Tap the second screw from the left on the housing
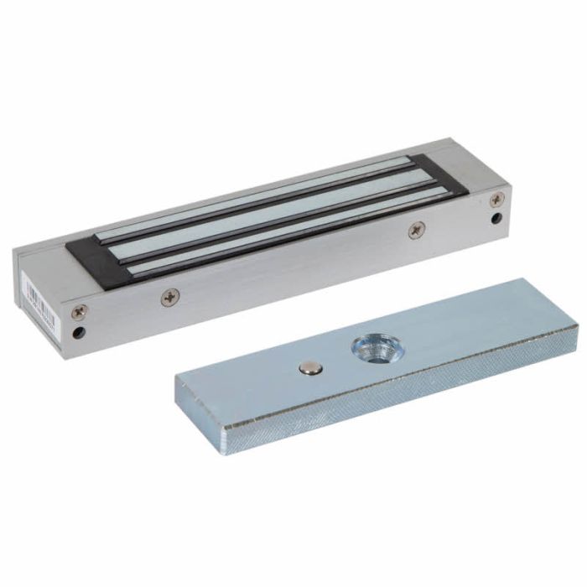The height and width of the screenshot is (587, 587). tap(170, 295)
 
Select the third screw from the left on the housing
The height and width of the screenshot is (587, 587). tap(417, 229)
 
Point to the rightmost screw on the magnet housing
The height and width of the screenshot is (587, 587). tap(497, 200)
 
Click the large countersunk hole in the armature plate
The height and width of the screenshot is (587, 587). tap(368, 345)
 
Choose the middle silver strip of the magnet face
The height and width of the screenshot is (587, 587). tap(268, 220)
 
